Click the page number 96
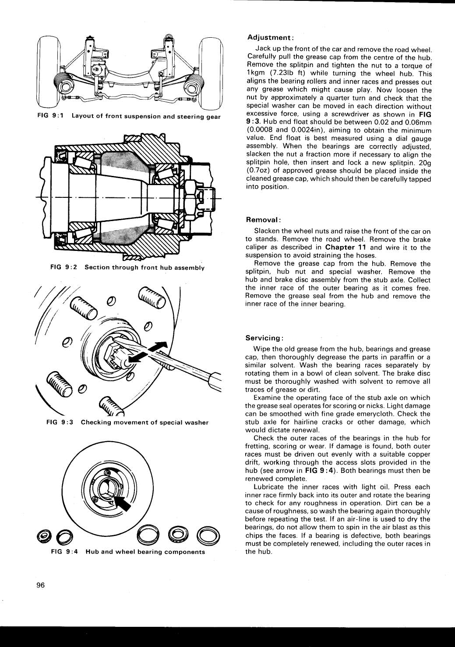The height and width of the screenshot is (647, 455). tap(41, 585)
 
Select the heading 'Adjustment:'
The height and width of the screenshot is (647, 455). tap(271, 38)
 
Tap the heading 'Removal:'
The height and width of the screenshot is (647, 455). tap(263, 220)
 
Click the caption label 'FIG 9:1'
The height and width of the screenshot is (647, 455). tap(50, 116)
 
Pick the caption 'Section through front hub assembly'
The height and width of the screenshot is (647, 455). tap(145, 268)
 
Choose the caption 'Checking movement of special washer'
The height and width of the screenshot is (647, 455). tap(145, 422)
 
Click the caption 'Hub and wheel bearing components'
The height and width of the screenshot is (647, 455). tap(145, 552)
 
